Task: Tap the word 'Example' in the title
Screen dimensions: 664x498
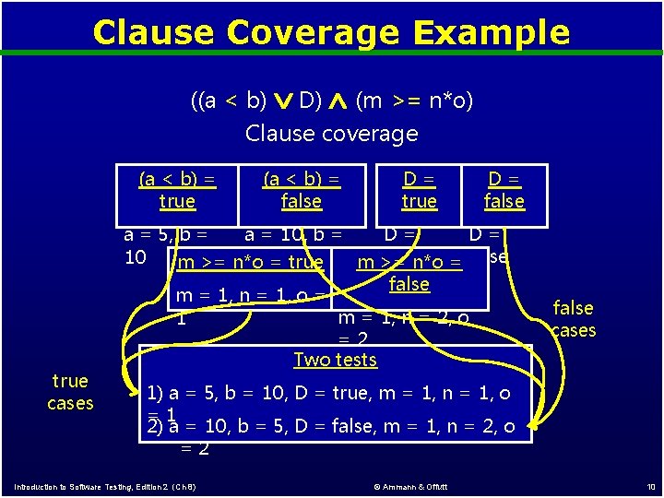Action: [491, 32]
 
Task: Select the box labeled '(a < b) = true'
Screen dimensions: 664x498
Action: [177, 190]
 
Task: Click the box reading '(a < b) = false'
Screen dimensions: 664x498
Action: [302, 190]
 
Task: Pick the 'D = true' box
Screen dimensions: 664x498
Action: [419, 190]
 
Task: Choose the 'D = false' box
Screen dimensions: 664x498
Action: [504, 190]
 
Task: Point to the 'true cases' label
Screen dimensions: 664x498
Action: [70, 392]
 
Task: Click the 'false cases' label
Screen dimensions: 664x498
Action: [574, 319]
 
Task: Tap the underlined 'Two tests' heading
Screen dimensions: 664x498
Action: [336, 360]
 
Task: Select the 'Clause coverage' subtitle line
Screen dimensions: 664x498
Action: [331, 134]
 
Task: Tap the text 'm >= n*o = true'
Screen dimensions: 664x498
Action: [249, 262]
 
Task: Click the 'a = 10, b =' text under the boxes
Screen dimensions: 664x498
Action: [293, 235]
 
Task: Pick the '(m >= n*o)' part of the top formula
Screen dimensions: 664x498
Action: [414, 100]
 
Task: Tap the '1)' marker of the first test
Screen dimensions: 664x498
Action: [156, 394]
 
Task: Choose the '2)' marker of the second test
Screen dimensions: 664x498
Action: [156, 427]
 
